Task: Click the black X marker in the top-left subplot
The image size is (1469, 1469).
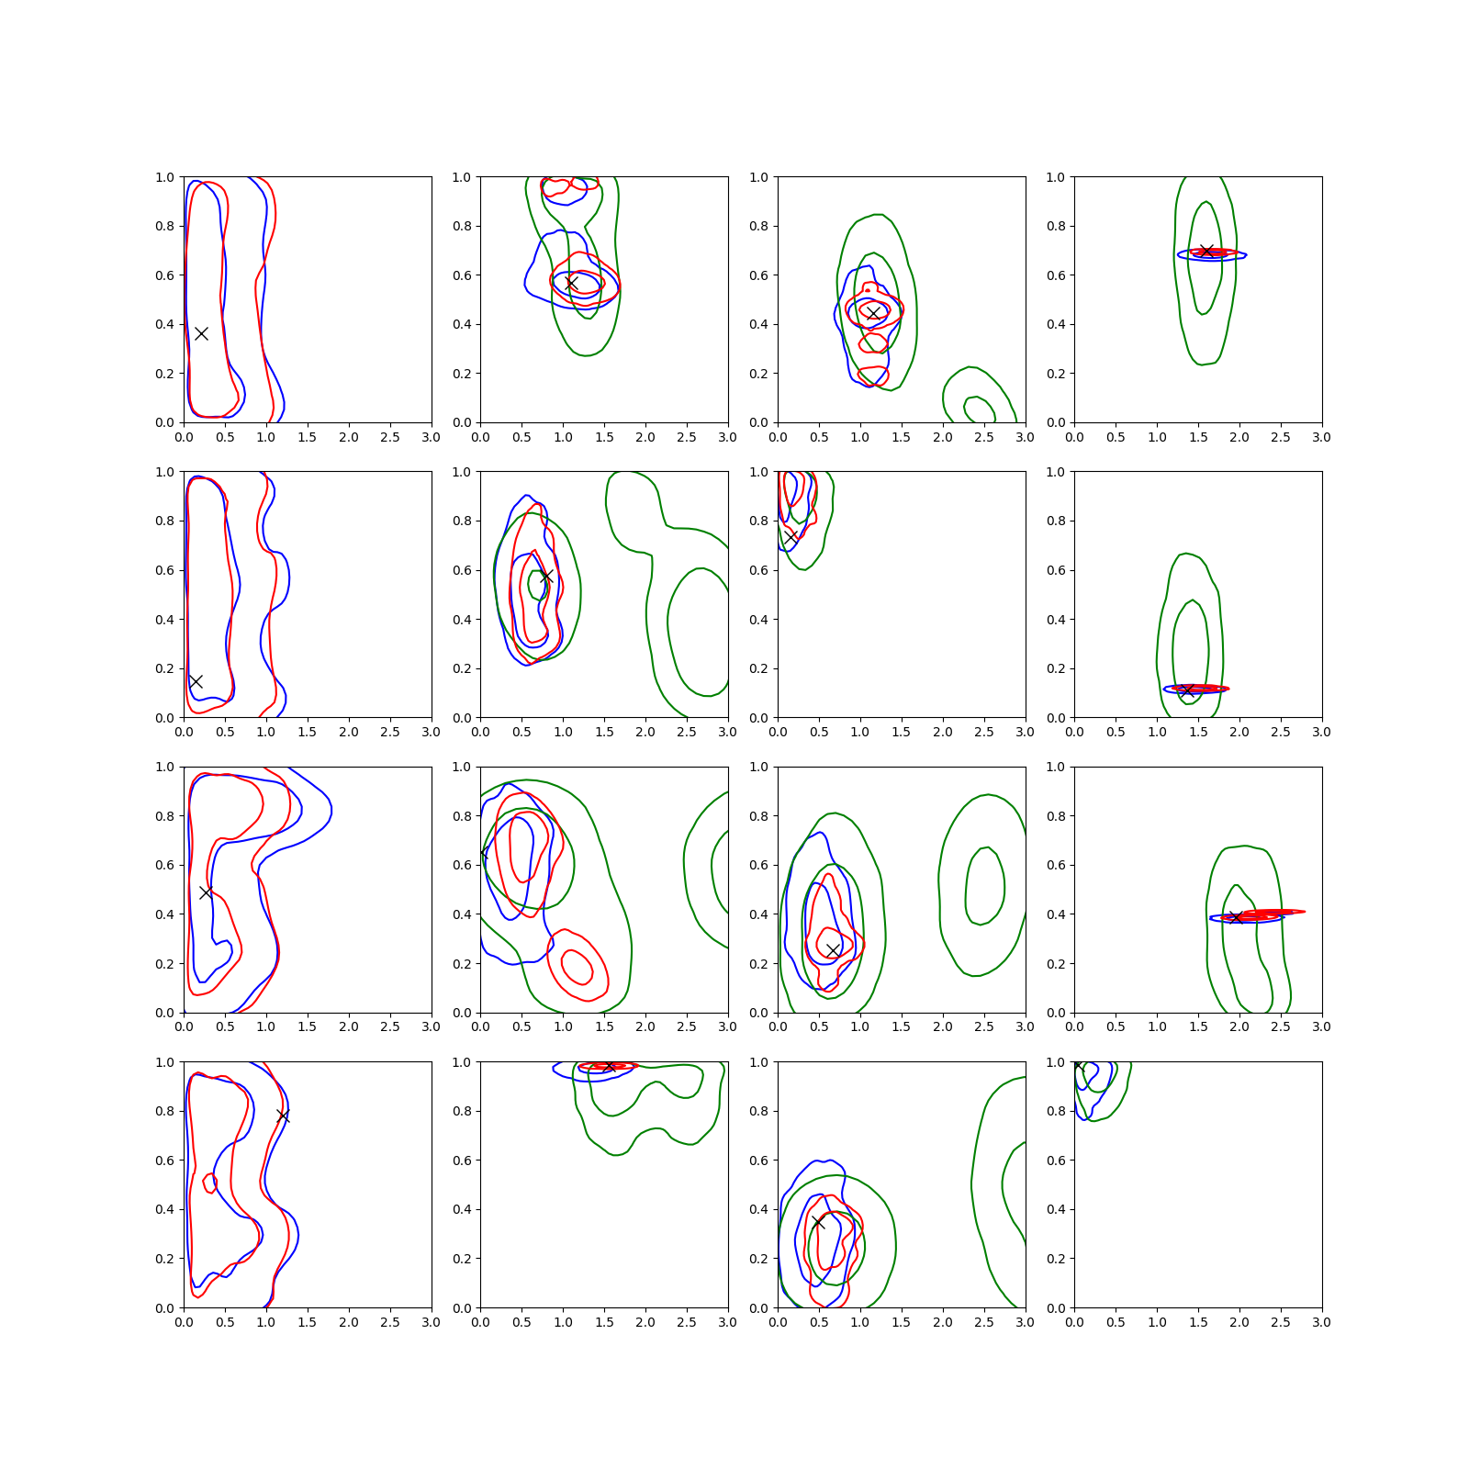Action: (x=201, y=333)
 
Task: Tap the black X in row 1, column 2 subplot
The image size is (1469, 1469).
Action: (x=571, y=283)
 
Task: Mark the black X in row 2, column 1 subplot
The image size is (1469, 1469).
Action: (x=196, y=681)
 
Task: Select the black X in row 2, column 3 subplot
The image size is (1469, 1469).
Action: (x=791, y=537)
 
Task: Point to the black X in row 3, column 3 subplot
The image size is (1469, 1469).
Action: (x=833, y=950)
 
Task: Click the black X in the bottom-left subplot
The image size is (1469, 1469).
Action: (x=283, y=1116)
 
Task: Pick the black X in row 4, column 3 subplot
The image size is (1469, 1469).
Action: (x=818, y=1222)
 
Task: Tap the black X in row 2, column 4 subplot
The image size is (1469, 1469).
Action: (x=1187, y=690)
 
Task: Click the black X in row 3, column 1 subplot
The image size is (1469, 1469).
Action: (x=206, y=892)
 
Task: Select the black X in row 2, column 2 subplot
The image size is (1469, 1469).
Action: (x=546, y=577)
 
